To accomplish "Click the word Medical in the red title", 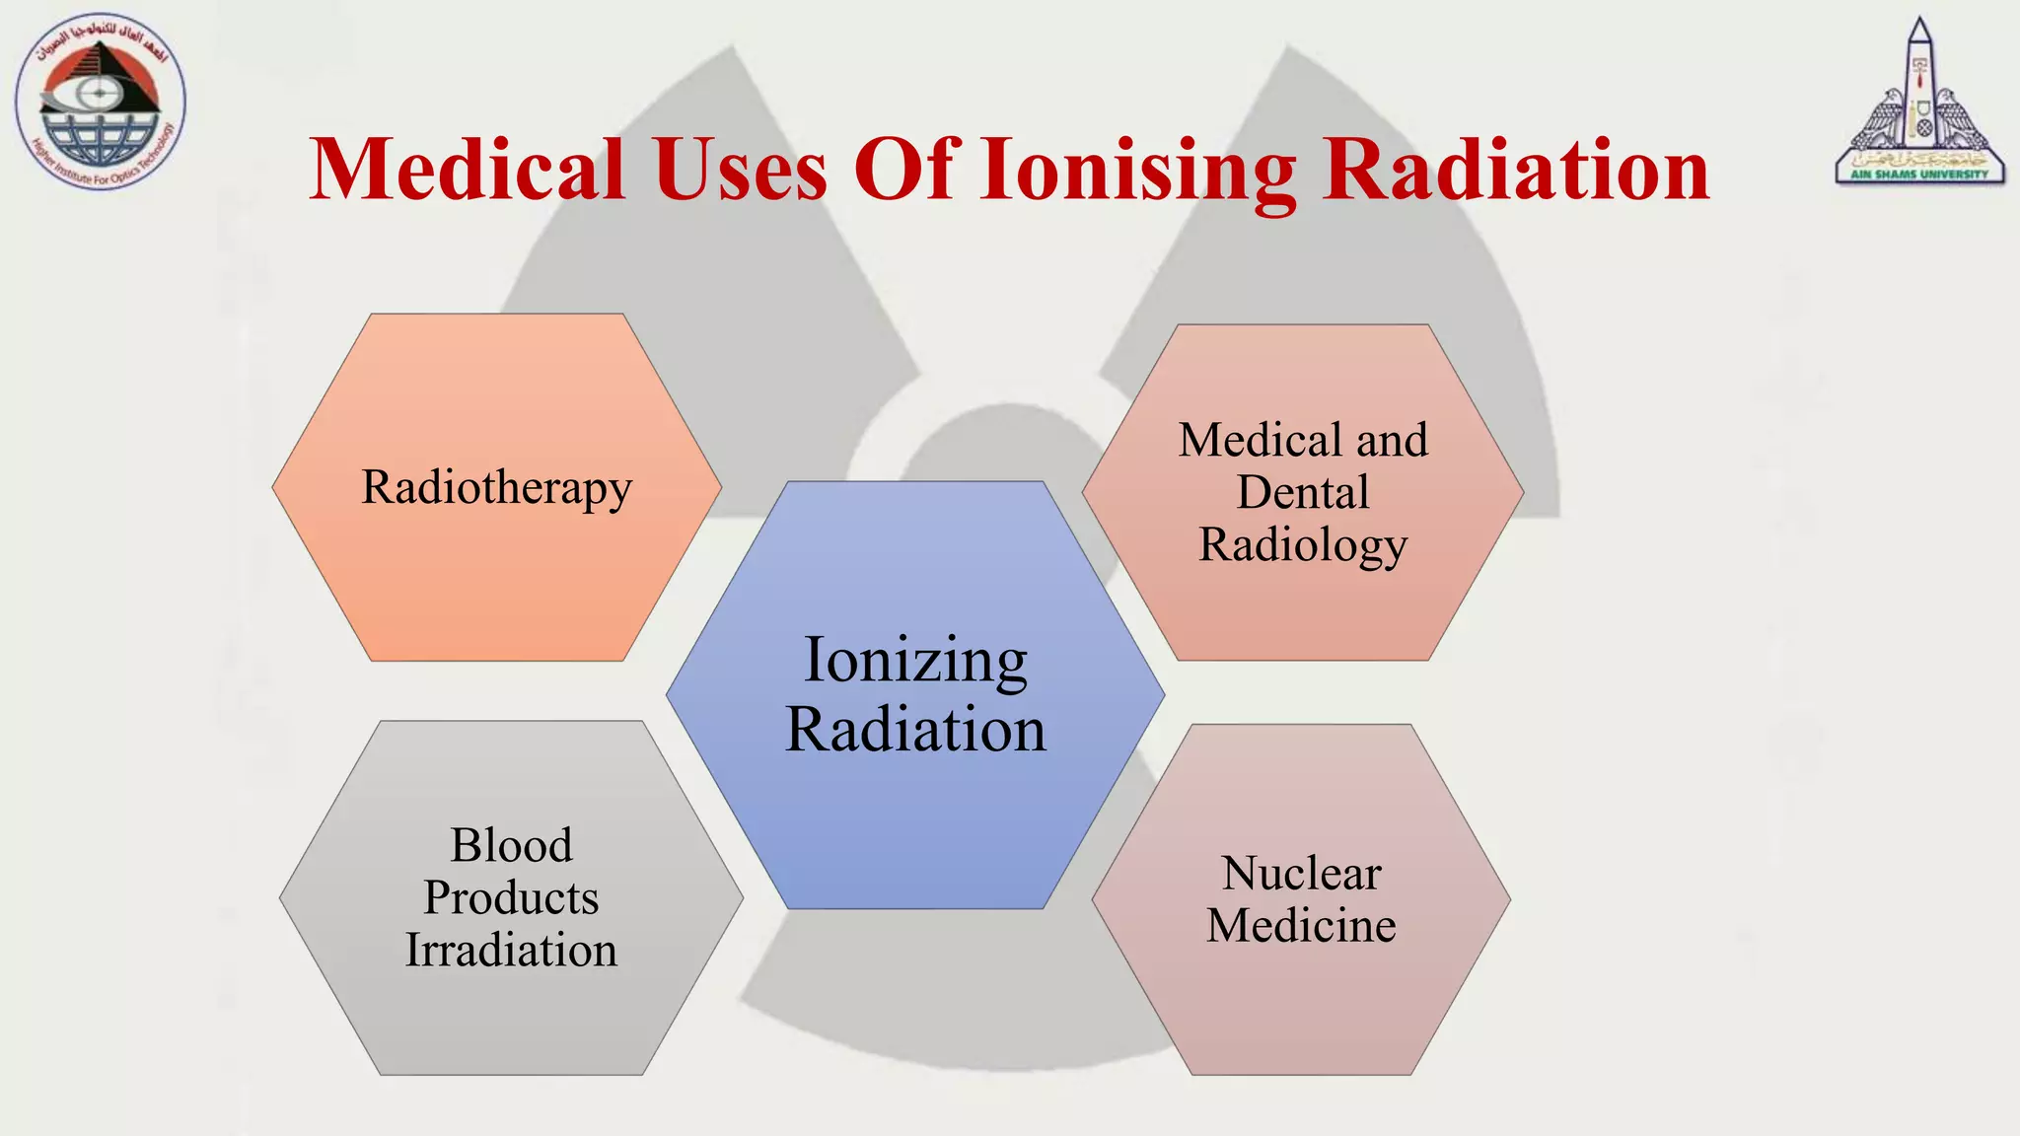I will (x=468, y=170).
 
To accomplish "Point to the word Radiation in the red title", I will (x=1516, y=170).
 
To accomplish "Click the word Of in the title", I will (x=905, y=170).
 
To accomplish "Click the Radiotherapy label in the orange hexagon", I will (x=496, y=488).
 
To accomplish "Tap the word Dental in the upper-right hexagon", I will (x=1303, y=493).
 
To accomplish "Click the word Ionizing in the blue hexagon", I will (x=915, y=661).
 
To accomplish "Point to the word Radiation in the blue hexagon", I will (x=915, y=731).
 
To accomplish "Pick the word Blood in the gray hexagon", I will (x=511, y=845).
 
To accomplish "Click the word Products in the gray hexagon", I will (x=511, y=898).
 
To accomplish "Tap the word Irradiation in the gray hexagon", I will (x=511, y=951).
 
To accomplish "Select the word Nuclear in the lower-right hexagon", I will (x=1301, y=874).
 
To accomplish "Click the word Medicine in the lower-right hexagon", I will (x=1301, y=926).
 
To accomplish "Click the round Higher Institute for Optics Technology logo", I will (x=101, y=102).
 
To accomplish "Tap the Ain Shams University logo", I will (x=1919, y=104).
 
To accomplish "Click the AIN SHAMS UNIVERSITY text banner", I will (x=1919, y=175).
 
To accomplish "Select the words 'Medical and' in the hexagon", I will (x=1303, y=441).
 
